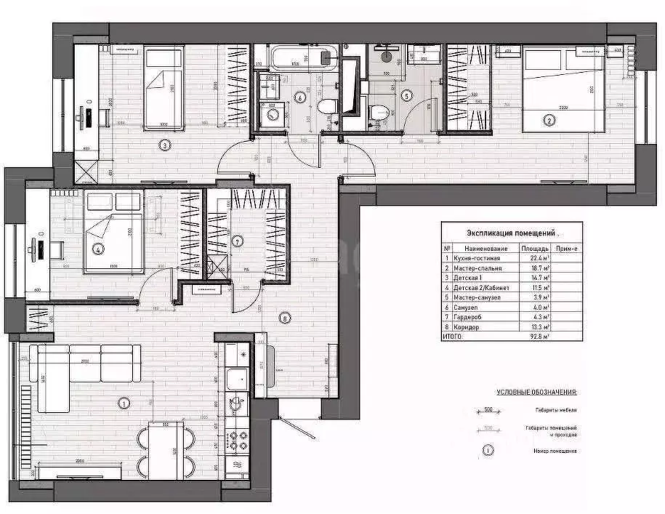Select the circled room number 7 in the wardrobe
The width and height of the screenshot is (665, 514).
coord(237,241)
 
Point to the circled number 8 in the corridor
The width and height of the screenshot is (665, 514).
coord(285,317)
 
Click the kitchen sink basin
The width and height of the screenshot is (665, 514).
coord(236,379)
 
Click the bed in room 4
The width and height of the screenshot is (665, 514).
coord(113,232)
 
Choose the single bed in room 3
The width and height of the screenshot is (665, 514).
coord(163,89)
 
